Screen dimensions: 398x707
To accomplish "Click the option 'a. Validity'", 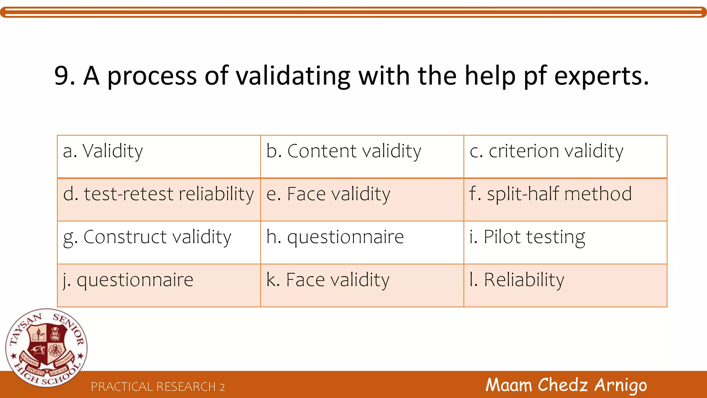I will pyautogui.click(x=103, y=151).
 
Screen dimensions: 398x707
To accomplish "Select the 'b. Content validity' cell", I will pyautogui.click(x=344, y=151).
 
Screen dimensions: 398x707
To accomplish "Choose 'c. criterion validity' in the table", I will pyautogui.click(x=546, y=151).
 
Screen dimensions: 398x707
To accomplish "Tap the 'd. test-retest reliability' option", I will pyautogui.click(x=158, y=194).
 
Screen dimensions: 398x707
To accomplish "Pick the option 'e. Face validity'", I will pyautogui.click(x=328, y=194).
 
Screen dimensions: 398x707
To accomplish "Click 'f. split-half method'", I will pyautogui.click(x=551, y=194).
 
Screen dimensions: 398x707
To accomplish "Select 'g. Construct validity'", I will pyautogui.click(x=147, y=237).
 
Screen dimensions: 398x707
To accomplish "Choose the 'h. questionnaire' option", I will pyautogui.click(x=335, y=237).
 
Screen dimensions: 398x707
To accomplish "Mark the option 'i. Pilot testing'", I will pyautogui.click(x=527, y=237).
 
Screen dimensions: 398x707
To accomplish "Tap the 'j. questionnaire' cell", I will pyautogui.click(x=128, y=280).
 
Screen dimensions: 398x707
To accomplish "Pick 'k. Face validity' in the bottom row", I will pyautogui.click(x=328, y=280).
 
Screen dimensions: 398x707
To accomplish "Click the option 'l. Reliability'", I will pyautogui.click(x=517, y=280).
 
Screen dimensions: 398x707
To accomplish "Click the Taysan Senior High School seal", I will pyautogui.click(x=46, y=348).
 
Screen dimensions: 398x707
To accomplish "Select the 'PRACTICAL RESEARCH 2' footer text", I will pyautogui.click(x=158, y=387).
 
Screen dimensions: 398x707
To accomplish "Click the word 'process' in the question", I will pyautogui.click(x=152, y=76).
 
